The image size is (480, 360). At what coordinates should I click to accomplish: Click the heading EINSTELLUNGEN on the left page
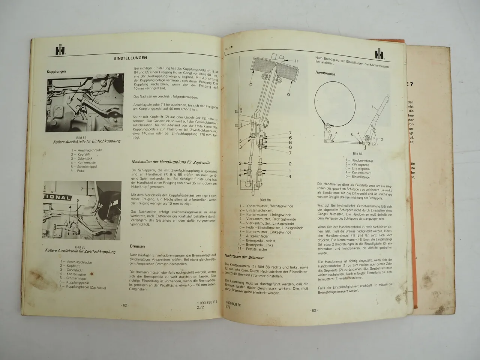click(x=130, y=58)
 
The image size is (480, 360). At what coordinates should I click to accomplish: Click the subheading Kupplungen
click(x=56, y=71)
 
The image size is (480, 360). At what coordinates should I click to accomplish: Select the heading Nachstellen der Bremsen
click(x=244, y=257)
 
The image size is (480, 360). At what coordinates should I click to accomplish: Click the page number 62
click(x=125, y=305)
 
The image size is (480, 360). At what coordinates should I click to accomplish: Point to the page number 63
click(x=313, y=310)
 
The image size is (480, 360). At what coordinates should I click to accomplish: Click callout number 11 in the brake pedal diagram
click(x=296, y=60)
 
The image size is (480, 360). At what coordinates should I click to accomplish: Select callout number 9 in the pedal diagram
click(x=288, y=94)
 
